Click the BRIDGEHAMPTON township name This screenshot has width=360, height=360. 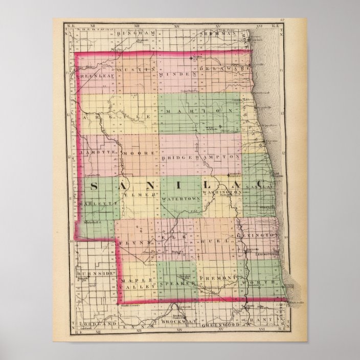point(200,158)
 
